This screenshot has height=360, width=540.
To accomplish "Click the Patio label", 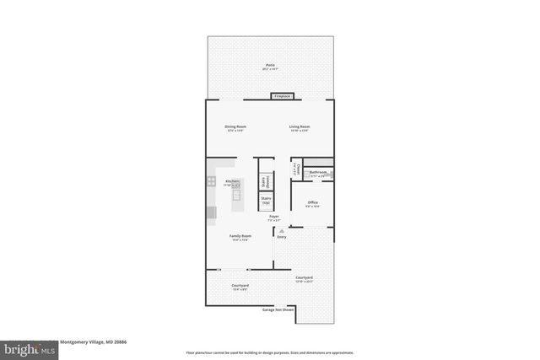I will tap(270, 64).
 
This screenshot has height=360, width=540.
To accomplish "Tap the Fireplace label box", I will tap(282, 96).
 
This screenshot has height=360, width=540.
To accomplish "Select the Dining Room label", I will tap(235, 126).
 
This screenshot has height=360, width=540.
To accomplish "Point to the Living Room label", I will tap(300, 126).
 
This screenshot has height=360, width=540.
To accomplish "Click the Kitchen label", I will tap(233, 181).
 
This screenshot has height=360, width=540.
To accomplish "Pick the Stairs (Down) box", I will tap(265, 180).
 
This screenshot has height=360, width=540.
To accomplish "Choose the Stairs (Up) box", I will tap(265, 201).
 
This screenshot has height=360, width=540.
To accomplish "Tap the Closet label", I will tap(294, 169).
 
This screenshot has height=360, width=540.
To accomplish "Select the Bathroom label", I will tap(318, 173).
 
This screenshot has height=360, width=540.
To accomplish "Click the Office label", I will tap(312, 203).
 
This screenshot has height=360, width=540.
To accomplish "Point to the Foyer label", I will tap(274, 218).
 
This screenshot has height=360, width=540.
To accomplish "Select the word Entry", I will tap(282, 237).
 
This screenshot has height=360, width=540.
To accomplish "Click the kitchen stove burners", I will tap(212, 180).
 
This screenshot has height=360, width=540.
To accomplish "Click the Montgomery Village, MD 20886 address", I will tap(93, 341).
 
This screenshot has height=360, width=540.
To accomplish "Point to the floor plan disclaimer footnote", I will tap(270, 352).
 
